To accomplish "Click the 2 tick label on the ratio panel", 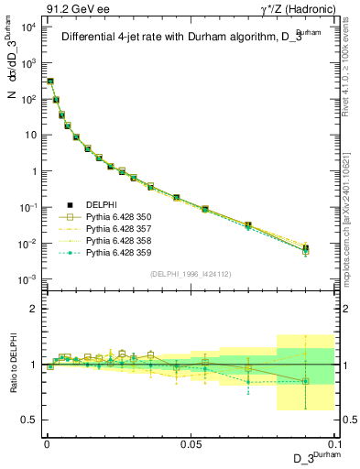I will (x=35, y=309).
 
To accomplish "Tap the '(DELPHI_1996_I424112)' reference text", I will (x=189, y=274).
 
